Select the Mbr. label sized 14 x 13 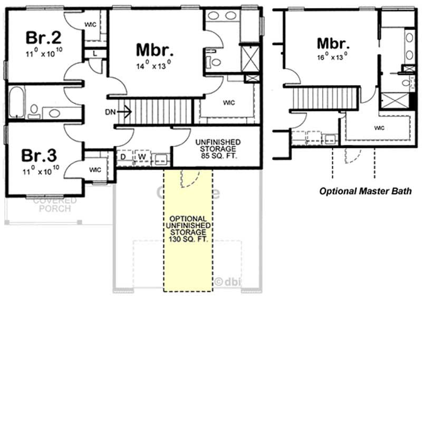click(x=155, y=50)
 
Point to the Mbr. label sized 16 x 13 click(x=334, y=43)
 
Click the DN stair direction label click(x=109, y=111)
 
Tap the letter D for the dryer click(x=123, y=157)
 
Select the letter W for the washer click(x=141, y=157)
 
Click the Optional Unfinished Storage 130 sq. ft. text click(x=188, y=229)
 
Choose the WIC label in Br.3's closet click(x=95, y=170)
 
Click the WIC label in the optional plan click(x=379, y=128)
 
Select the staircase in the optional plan click(x=314, y=98)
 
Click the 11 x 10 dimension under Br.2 click(x=42, y=54)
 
